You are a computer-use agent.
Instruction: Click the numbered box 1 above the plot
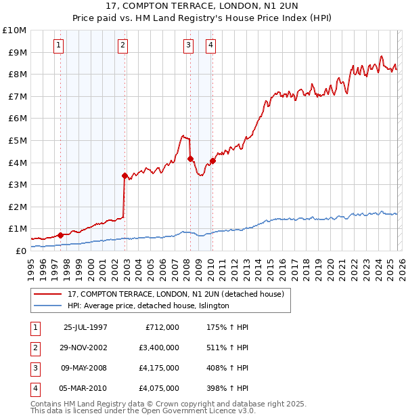59,45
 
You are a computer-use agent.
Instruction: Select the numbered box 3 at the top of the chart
188,45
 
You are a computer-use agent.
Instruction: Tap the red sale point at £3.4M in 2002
125,175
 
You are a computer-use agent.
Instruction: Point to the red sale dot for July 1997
61,235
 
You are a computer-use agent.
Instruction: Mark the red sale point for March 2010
212,161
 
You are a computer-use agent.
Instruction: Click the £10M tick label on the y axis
14,30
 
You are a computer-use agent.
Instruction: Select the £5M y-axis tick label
16,140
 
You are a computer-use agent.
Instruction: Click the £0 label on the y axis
21,251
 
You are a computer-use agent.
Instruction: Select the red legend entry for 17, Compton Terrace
179,294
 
